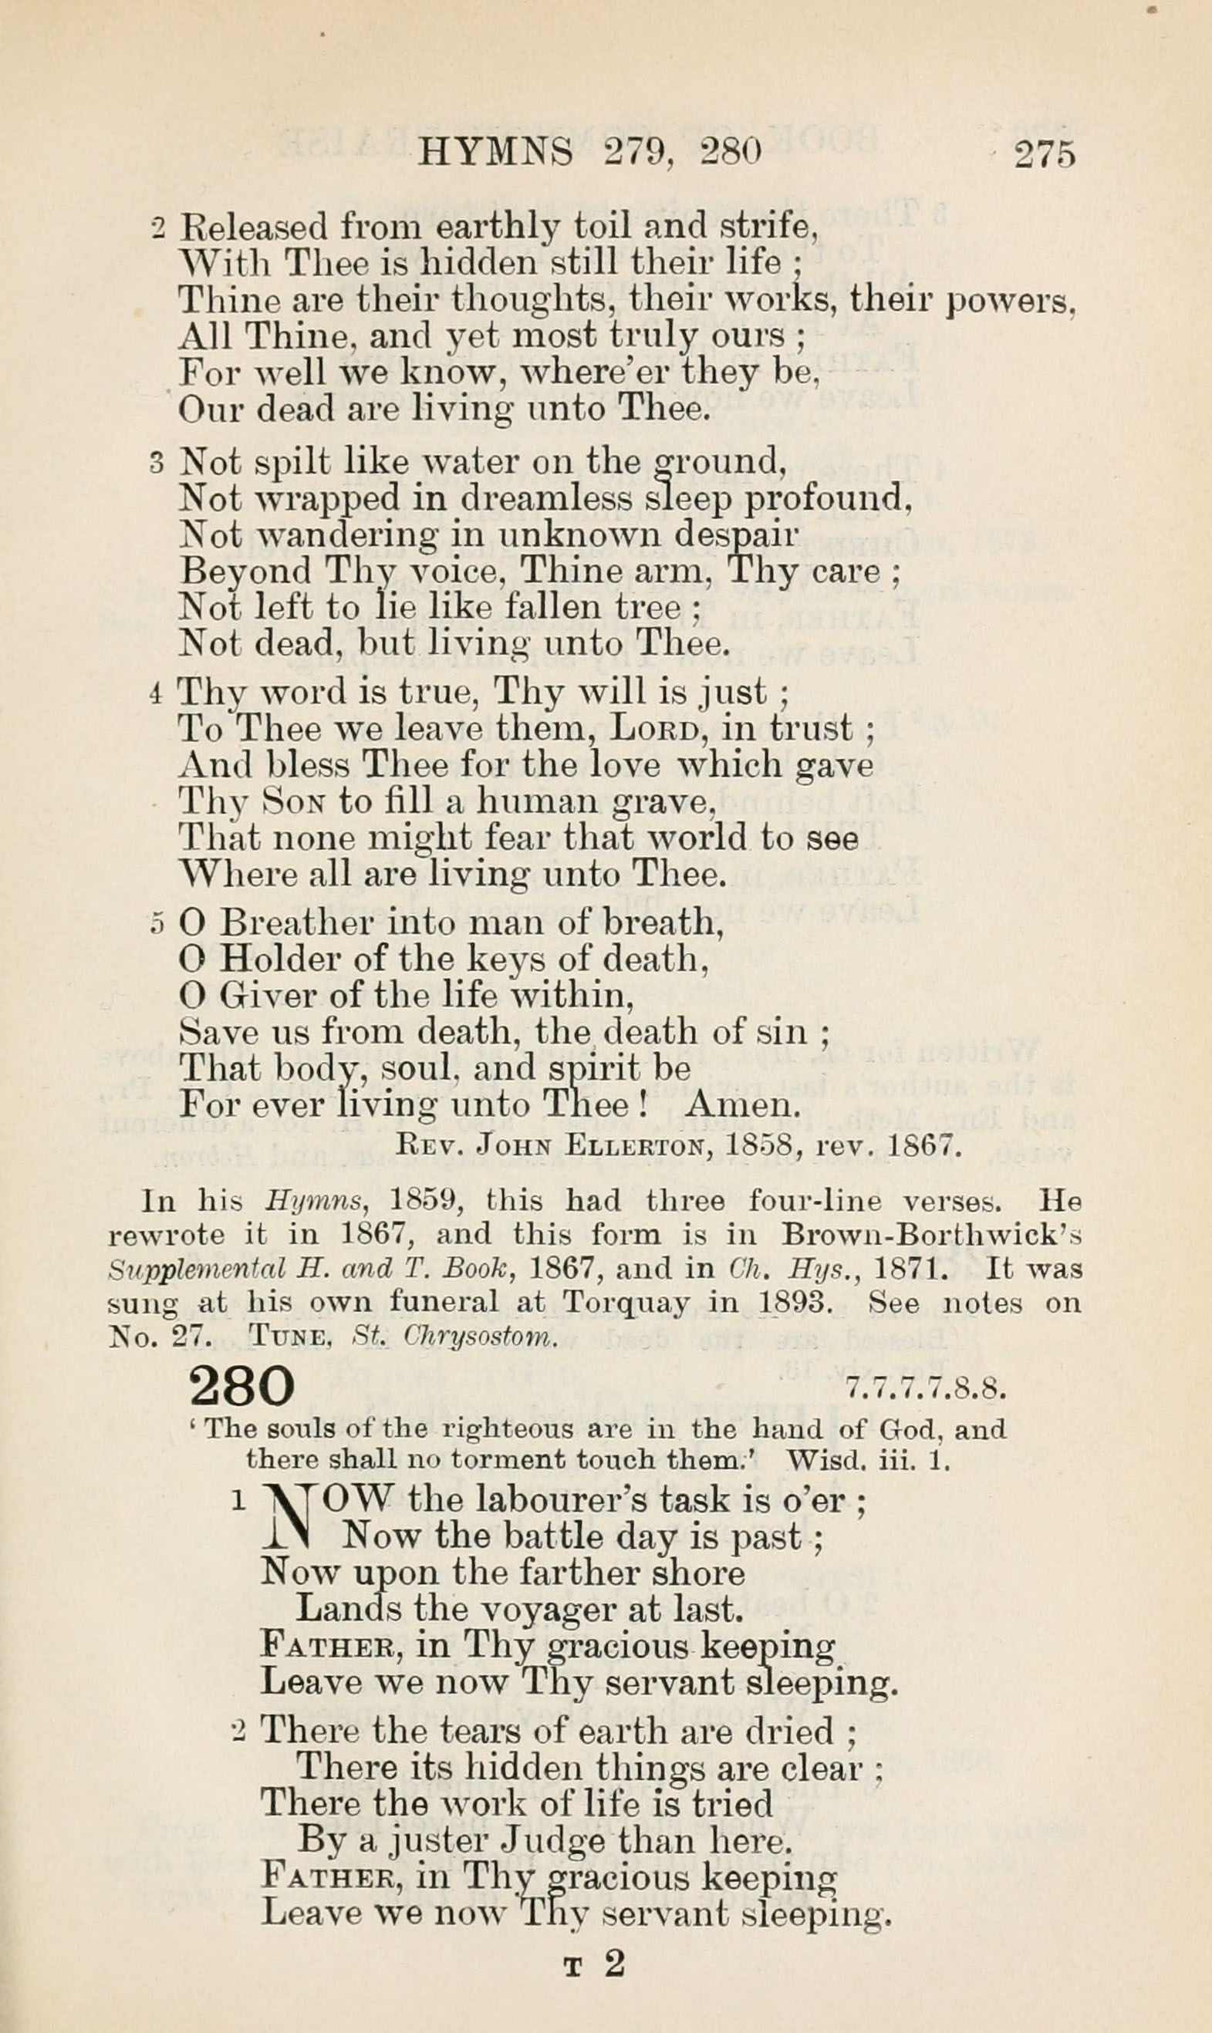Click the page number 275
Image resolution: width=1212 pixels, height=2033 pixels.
[x=1045, y=154]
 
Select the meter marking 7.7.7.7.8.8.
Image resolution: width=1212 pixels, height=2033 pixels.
[x=924, y=1389]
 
